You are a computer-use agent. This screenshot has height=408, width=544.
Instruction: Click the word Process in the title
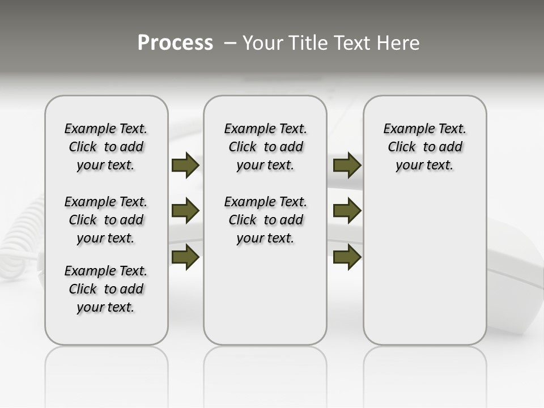coord(175,43)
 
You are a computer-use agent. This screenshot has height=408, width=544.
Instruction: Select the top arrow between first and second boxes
coord(185,165)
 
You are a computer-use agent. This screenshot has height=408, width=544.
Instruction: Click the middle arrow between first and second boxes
coord(185,211)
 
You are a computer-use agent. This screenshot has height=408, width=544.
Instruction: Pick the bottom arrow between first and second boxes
coord(185,257)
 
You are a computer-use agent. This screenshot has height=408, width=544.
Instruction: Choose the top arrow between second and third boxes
coord(347,165)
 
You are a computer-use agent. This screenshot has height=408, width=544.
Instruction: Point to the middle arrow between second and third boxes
coord(347,211)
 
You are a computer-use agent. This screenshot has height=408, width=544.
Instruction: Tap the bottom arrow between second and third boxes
coord(347,257)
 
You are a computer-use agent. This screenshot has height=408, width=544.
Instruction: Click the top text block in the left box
coord(106,147)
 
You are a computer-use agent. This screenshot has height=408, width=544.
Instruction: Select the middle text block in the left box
coord(106,220)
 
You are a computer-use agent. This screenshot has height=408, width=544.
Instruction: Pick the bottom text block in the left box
coord(106,289)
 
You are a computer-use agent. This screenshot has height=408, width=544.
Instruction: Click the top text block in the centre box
coord(265,147)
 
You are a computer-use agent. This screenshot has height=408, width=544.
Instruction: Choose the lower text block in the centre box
coord(265,220)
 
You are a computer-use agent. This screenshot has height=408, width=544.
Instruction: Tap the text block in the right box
coord(424,147)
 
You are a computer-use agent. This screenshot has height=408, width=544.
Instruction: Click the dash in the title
coord(230,43)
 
